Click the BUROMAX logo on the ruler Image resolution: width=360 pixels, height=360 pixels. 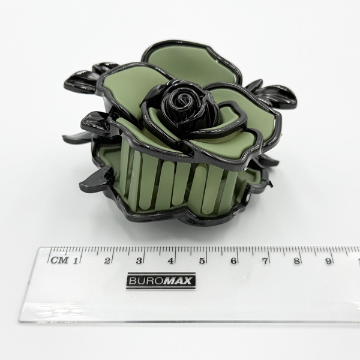[x=161, y=281]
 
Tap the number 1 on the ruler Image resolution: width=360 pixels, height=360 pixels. [x=75, y=260]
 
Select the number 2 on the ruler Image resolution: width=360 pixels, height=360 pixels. [x=107, y=261]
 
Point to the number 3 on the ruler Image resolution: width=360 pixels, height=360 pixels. [x=139, y=261]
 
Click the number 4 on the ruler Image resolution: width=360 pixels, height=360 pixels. [x=170, y=261]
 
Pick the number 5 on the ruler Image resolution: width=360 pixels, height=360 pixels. [x=202, y=261]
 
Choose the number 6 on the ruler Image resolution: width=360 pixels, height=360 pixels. [x=233, y=261]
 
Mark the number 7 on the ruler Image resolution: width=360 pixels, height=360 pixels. [x=265, y=261]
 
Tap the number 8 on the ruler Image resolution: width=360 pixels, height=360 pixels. [x=297, y=261]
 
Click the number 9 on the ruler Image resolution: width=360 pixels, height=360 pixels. [x=329, y=261]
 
